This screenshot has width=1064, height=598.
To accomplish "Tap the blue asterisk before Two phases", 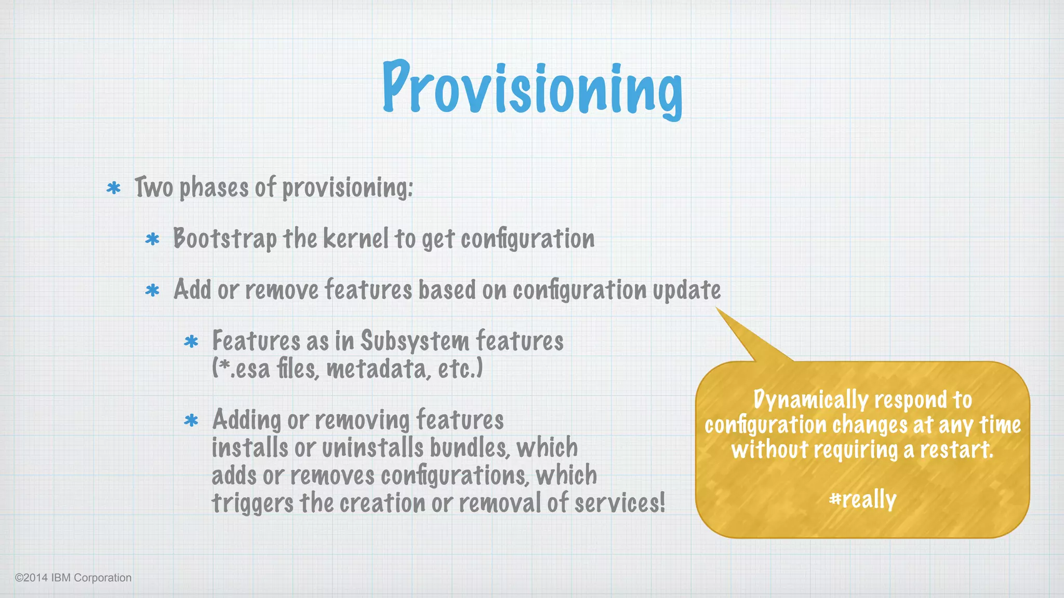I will [x=113, y=188].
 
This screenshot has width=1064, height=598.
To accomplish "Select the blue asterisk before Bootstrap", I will [x=152, y=239].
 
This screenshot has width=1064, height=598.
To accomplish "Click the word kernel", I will [x=356, y=239].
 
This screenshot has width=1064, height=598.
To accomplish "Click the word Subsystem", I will [x=415, y=341].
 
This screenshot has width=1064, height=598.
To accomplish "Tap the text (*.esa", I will [x=241, y=369].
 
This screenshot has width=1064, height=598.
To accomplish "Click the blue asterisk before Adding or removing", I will [x=191, y=420].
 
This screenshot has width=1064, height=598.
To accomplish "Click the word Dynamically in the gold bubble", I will [x=810, y=400].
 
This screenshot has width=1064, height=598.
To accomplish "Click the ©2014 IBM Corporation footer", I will [x=73, y=578].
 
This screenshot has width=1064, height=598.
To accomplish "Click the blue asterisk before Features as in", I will [x=191, y=341].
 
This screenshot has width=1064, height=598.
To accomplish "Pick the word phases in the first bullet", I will [x=214, y=188].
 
